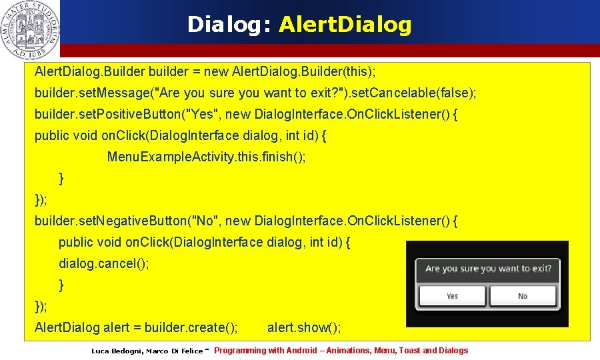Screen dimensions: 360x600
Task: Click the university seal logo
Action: click(x=30, y=29)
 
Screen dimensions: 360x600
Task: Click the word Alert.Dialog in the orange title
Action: click(x=345, y=25)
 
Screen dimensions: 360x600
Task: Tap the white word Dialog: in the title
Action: click(x=229, y=25)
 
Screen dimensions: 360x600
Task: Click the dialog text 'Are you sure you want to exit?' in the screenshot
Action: click(x=488, y=269)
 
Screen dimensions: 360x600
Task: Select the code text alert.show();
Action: click(x=304, y=327)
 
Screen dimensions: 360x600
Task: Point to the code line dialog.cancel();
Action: click(x=104, y=263)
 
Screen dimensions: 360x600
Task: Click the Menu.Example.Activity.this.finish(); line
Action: click(x=207, y=157)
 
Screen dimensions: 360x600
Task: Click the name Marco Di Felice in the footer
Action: click(x=175, y=351)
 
